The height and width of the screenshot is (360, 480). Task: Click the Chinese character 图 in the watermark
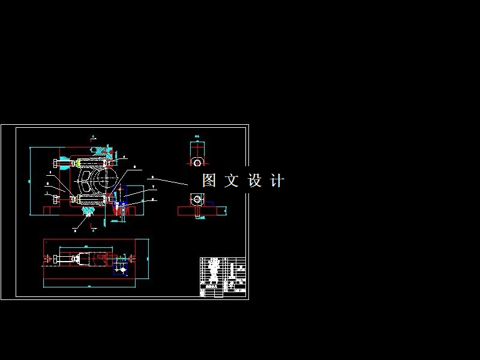[209, 181]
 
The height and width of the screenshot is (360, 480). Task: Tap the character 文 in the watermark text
[232, 181]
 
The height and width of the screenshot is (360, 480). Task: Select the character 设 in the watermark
[254, 181]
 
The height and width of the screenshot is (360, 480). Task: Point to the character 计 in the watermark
[277, 181]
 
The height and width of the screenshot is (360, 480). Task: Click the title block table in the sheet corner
[223, 277]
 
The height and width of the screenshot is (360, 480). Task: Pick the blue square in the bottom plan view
[122, 271]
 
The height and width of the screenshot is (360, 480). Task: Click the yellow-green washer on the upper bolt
[79, 163]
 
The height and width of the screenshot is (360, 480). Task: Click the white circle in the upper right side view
[197, 163]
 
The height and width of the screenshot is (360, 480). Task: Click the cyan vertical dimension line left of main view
[30, 180]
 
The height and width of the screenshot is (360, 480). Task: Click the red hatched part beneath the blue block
[115, 209]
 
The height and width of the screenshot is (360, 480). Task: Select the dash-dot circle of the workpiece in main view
[107, 178]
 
